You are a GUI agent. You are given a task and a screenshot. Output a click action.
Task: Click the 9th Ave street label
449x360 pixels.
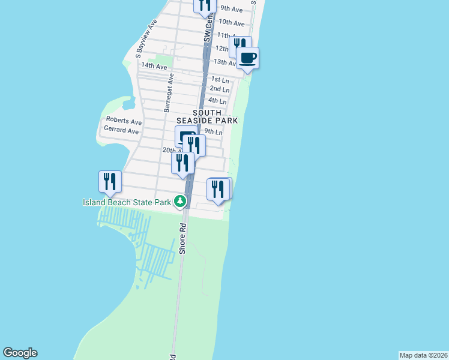tap(231, 9)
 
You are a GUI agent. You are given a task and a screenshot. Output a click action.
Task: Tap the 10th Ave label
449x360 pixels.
tap(232, 23)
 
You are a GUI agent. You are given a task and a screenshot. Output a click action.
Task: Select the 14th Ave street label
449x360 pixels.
tap(154, 66)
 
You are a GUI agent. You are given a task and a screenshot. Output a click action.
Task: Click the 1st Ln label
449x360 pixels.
tap(220, 80)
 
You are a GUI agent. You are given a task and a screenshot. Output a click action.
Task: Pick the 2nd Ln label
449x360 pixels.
tap(220, 89)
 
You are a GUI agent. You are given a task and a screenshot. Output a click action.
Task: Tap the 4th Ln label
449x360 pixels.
tap(217, 101)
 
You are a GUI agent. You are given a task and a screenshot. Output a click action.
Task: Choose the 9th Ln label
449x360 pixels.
tap(214, 131)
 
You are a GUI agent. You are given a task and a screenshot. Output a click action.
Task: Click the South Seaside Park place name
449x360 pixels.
tap(215, 116)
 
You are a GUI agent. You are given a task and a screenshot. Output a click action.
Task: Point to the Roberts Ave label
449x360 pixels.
tap(124, 121)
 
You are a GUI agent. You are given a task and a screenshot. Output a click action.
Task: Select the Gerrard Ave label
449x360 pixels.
tap(122, 130)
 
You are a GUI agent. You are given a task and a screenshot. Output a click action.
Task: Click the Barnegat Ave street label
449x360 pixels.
tap(169, 92)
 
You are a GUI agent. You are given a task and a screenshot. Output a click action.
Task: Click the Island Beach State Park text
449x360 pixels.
tap(127, 202)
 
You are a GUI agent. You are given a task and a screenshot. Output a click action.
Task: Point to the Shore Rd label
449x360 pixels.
tap(183, 238)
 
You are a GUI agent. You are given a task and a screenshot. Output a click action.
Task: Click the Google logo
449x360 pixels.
tap(20, 353)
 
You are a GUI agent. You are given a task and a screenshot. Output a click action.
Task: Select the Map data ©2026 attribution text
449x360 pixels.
tap(423, 355)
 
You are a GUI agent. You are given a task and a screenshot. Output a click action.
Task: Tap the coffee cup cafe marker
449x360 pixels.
tap(247, 59)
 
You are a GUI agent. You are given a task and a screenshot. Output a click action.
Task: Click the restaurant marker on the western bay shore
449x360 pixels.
tap(110, 182)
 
